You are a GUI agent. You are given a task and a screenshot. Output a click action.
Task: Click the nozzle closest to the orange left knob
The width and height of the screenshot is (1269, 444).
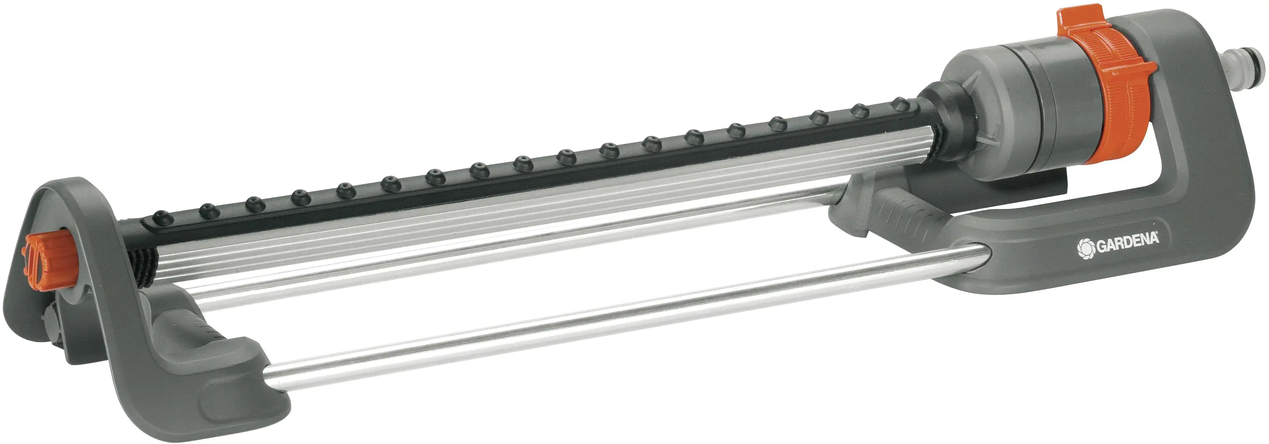pos(162,217)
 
